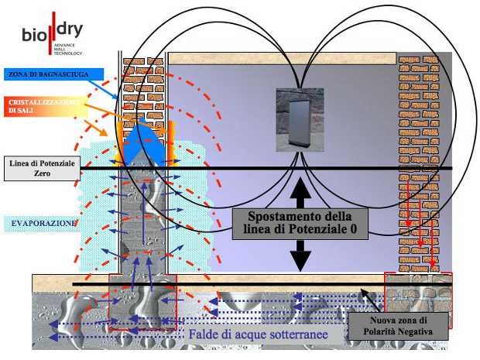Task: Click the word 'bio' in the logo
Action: coord(33,36)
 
